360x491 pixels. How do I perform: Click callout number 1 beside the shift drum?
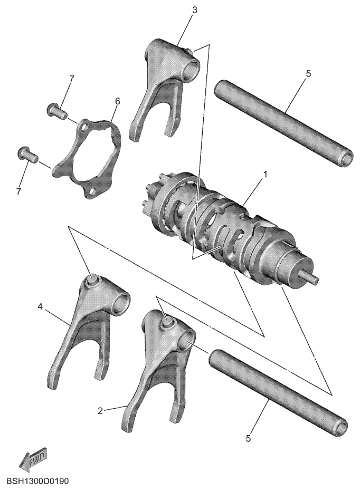pos(265,175)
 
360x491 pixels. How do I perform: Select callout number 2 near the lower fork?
pos(100,410)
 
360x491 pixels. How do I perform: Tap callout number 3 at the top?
pos(194,10)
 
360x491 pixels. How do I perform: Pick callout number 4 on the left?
pos(40,306)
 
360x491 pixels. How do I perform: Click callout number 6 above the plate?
pos(117,101)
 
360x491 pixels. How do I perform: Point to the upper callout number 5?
pos(308,74)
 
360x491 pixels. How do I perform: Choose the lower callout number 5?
pos(248,438)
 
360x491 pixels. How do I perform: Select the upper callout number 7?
pos(72,79)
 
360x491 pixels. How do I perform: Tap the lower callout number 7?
pos(19,191)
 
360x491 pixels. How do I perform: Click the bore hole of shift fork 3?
pos(192,67)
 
